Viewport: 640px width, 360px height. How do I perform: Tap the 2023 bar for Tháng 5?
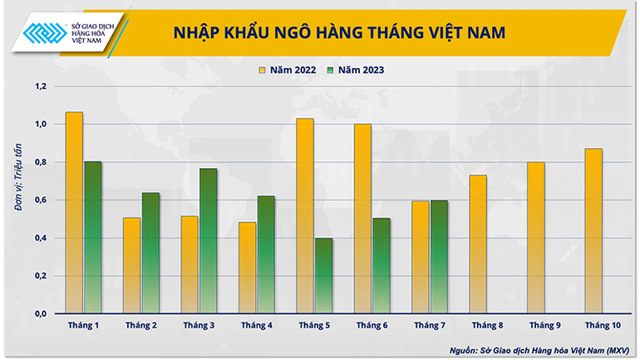pos(324,276)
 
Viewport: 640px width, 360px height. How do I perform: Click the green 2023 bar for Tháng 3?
pos(209,241)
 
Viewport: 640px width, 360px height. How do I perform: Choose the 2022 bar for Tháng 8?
pos(479,244)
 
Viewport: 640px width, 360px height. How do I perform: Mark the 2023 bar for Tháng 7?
pos(440,257)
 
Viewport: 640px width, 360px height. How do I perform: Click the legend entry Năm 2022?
pos(288,70)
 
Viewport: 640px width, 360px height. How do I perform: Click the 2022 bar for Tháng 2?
pos(131,265)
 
